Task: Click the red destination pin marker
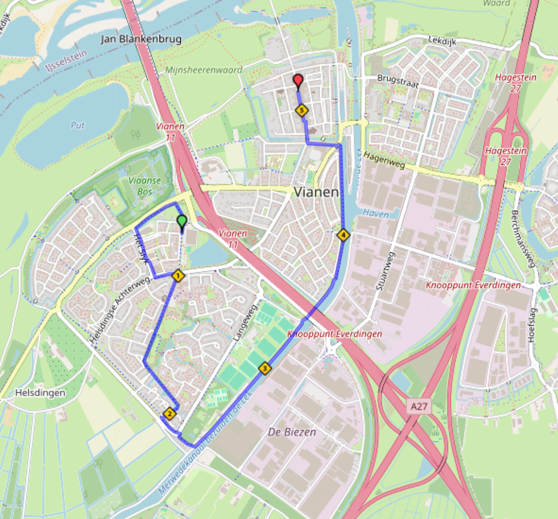pyautogui.click(x=297, y=81)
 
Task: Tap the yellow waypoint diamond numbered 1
pyautogui.click(x=178, y=275)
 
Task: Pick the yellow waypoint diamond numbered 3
pyautogui.click(x=265, y=368)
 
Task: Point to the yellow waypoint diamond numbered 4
pyautogui.click(x=343, y=234)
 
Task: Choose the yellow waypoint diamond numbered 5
pyautogui.click(x=302, y=111)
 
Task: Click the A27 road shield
pyautogui.click(x=419, y=406)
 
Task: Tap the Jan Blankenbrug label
pyautogui.click(x=141, y=39)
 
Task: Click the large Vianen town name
pyautogui.click(x=316, y=192)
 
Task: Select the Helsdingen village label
pyautogui.click(x=40, y=393)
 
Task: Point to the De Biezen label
pyautogui.click(x=292, y=432)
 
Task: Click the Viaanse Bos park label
pyautogui.click(x=144, y=186)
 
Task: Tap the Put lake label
pyautogui.click(x=77, y=125)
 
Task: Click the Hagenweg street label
pyautogui.click(x=384, y=161)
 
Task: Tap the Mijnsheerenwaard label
pyautogui.click(x=204, y=70)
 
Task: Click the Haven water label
pyautogui.click(x=376, y=214)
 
